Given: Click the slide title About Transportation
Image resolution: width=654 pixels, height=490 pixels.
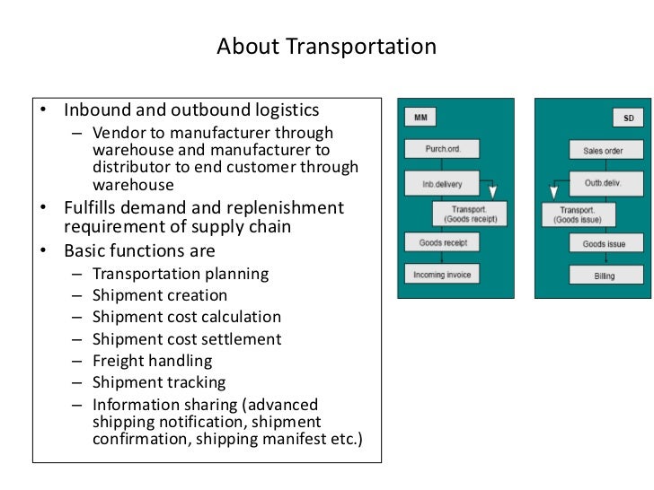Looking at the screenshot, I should pyautogui.click(x=326, y=47).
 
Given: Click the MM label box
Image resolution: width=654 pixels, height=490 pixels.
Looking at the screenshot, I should pyautogui.click(x=420, y=118).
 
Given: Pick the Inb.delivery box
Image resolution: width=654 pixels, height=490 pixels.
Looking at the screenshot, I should pyautogui.click(x=441, y=184).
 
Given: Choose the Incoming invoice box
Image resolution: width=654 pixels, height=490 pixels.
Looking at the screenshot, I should pyautogui.click(x=442, y=274).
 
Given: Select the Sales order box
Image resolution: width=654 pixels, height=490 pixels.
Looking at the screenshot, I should pyautogui.click(x=608, y=151).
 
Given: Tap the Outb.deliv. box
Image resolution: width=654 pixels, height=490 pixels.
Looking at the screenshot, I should pyautogui.click(x=608, y=184).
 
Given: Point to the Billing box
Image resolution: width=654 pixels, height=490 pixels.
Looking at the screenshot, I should pyautogui.click(x=605, y=276).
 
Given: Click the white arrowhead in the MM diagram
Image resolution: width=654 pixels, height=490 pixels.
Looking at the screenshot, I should pyautogui.click(x=491, y=191).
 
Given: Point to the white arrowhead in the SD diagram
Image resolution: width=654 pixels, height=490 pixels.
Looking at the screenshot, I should pyautogui.click(x=556, y=191).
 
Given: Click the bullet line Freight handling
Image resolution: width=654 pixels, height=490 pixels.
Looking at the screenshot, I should pyautogui.click(x=152, y=361).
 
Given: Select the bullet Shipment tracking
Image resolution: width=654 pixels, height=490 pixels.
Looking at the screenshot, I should pyautogui.click(x=159, y=383).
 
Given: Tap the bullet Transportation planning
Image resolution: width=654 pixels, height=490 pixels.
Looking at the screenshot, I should pyautogui.click(x=181, y=274).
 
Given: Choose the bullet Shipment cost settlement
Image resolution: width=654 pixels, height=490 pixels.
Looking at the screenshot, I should pyautogui.click(x=187, y=339).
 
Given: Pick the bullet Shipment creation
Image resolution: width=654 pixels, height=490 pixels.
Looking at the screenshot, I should pyautogui.click(x=160, y=295).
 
